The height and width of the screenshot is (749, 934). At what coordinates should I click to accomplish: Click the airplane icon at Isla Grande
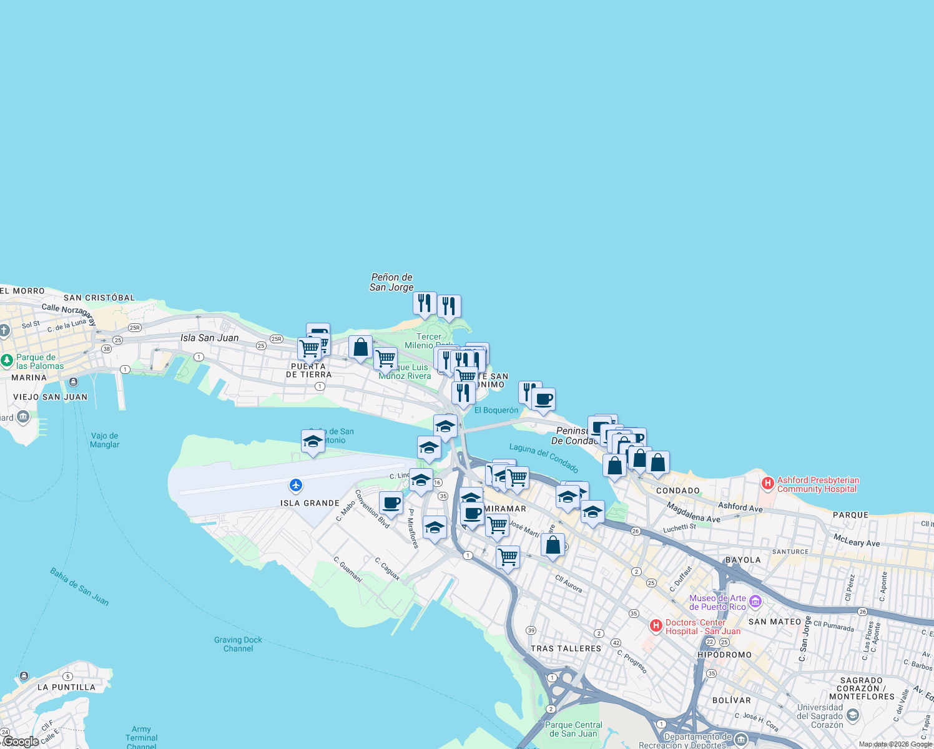(296, 485)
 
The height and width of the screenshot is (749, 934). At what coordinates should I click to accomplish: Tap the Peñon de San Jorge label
(391, 282)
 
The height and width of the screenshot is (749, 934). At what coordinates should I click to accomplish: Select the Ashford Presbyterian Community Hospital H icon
(768, 483)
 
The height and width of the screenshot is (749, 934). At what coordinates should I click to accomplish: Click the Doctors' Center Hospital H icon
(656, 625)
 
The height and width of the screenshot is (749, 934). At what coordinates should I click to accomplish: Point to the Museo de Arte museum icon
(755, 602)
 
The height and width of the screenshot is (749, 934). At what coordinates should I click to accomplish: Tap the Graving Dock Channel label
(238, 644)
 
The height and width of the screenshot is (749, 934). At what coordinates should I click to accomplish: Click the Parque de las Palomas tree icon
(7, 360)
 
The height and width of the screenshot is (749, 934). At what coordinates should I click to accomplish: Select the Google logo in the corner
(21, 742)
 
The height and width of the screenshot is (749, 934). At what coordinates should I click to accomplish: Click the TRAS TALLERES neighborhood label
(566, 649)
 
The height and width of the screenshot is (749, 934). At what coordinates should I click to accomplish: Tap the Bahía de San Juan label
(79, 587)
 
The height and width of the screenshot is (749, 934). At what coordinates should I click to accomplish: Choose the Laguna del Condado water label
(544, 458)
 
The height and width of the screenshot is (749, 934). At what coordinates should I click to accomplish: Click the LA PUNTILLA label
(66, 687)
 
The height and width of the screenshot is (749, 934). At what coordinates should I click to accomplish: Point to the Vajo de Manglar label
(105, 440)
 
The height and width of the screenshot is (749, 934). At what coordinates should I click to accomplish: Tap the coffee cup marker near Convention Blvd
(391, 502)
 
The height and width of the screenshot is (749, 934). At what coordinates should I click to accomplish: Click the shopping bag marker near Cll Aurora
(553, 545)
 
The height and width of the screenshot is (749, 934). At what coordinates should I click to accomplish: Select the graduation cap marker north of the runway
(313, 441)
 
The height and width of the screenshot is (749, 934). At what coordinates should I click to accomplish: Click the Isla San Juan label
(209, 338)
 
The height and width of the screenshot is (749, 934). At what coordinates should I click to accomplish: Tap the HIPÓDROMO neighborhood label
(724, 655)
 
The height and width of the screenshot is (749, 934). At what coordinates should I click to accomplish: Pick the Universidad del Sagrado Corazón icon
(853, 715)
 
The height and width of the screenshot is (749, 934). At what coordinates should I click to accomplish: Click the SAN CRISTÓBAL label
(99, 298)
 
